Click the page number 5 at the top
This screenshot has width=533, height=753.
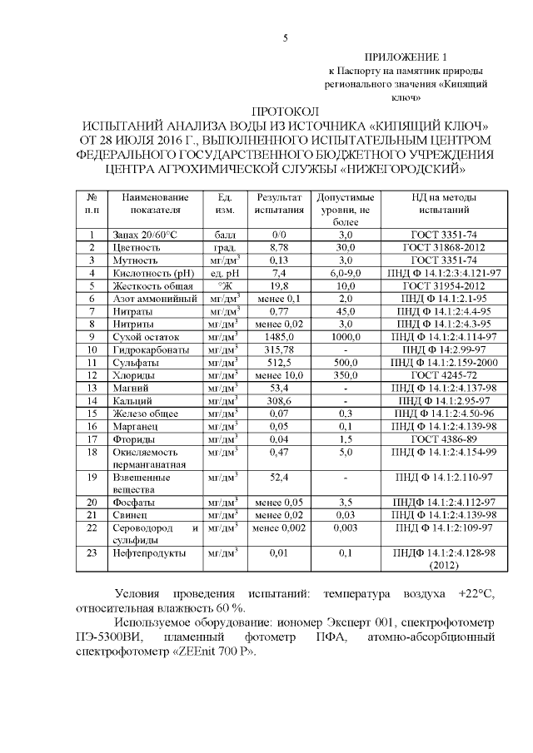coord(286,38)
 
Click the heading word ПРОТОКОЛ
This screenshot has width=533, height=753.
coord(285,111)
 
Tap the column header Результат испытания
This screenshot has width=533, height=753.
coord(279,205)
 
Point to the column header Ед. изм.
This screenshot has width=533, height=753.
coord(225,205)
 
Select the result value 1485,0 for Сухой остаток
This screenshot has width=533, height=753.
coord(279,336)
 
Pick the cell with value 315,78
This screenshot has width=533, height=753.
coord(279,349)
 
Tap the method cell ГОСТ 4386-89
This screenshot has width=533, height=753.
coord(441,438)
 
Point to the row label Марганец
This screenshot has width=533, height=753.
coord(133,425)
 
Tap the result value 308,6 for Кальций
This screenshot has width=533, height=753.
coord(279,400)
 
